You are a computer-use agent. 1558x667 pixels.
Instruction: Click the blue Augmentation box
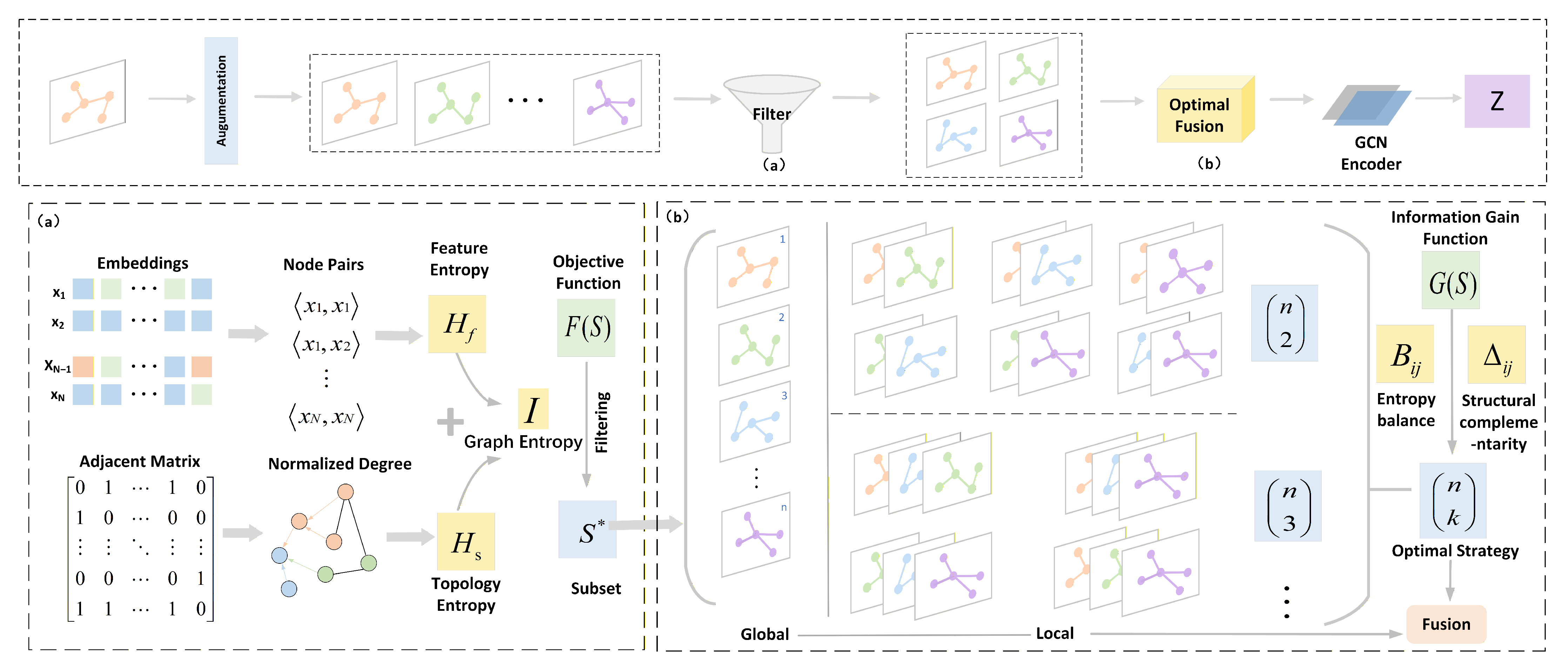tap(221, 100)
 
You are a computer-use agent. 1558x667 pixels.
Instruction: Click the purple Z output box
tap(1496, 101)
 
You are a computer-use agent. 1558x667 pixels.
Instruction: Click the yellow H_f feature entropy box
tap(457, 324)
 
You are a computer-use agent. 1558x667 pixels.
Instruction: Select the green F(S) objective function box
tap(586, 327)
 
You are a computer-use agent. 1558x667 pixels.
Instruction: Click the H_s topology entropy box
tap(466, 542)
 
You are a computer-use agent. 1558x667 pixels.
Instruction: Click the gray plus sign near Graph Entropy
tap(450, 422)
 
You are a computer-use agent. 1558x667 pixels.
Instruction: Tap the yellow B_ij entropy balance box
tap(1404, 354)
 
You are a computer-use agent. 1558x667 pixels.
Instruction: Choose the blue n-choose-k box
tap(1453, 501)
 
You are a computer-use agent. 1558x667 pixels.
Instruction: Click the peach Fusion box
tap(1445, 624)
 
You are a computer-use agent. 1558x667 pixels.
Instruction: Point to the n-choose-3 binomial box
tap(1288, 506)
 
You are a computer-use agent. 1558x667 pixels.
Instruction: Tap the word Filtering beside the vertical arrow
tap(602, 422)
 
